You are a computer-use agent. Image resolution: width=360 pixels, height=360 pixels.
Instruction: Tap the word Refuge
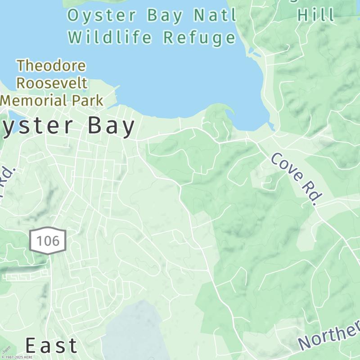click(x=199, y=37)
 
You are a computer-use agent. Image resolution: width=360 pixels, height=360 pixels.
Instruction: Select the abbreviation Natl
click(x=215, y=15)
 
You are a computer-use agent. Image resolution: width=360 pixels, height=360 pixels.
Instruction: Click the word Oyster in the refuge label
click(x=102, y=15)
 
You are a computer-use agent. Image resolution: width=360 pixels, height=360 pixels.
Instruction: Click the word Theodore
click(x=51, y=66)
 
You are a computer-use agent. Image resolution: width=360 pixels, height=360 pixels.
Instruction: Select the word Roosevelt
click(x=52, y=83)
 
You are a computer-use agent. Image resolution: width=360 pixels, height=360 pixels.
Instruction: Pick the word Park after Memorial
click(x=88, y=100)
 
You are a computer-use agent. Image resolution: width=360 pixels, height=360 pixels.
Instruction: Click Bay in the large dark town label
click(x=111, y=126)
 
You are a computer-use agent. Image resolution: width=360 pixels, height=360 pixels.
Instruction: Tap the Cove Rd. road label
click(x=297, y=179)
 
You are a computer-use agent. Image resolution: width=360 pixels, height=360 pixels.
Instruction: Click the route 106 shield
click(x=48, y=241)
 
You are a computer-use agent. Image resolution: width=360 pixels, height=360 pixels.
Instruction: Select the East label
click(x=51, y=346)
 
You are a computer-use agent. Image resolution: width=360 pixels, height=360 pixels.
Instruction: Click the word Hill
click(x=316, y=15)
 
